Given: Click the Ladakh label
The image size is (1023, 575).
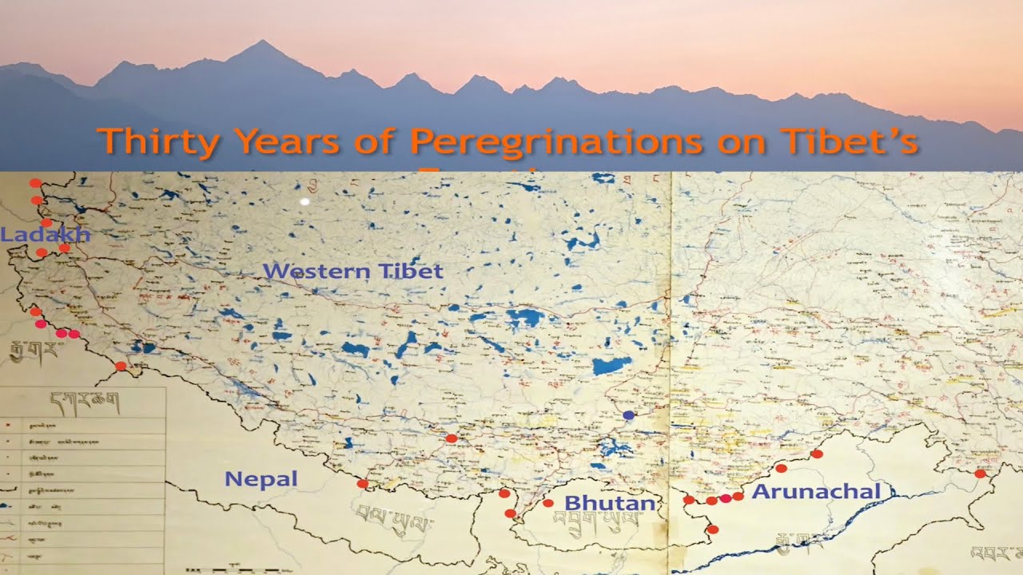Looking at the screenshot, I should (x=45, y=235).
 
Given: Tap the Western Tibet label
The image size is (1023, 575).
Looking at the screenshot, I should (x=352, y=272).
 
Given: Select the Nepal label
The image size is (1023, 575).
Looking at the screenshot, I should (x=261, y=479).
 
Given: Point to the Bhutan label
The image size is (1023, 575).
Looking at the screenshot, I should (x=610, y=503).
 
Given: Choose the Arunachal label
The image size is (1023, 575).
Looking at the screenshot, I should (x=816, y=492).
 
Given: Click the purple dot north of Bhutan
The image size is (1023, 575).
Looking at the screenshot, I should (x=628, y=415).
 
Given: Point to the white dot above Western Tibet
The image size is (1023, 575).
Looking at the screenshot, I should (x=305, y=203).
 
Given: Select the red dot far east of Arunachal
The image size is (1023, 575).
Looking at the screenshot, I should (x=980, y=474).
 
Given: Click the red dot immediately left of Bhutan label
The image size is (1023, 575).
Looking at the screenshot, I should (x=547, y=503).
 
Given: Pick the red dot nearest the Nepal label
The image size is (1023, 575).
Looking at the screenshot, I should (x=362, y=484).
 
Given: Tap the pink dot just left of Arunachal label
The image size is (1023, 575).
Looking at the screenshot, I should (x=725, y=498).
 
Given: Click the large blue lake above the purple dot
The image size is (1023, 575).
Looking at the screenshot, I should (x=611, y=366).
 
